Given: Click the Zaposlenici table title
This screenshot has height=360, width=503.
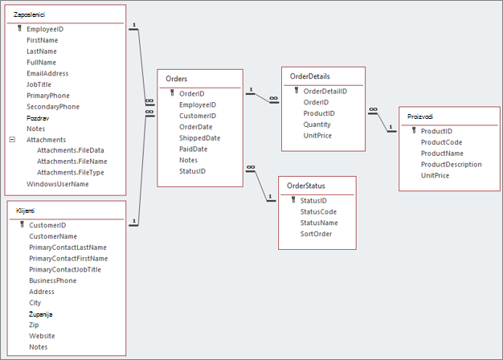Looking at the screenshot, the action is click(x=29, y=14).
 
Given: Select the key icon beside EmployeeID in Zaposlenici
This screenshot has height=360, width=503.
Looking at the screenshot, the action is click(x=19, y=29).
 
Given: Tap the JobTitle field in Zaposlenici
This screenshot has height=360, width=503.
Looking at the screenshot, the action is click(x=39, y=84).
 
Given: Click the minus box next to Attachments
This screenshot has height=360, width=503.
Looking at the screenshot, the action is click(x=12, y=139).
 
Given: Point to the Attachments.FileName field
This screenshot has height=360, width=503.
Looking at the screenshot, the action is click(x=72, y=162).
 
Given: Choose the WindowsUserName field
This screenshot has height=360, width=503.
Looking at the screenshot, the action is click(x=58, y=184).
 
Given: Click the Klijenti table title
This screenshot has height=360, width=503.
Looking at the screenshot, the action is click(x=25, y=211).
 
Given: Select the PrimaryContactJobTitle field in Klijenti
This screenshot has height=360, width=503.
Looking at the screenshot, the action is click(x=65, y=269).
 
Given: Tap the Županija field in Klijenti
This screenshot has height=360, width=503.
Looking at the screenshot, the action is click(x=41, y=314).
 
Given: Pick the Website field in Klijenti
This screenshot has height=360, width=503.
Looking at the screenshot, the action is click(x=42, y=336).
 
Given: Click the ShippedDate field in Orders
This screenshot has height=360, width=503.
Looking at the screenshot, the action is click(x=200, y=138).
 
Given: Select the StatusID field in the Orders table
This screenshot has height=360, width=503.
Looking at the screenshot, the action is click(x=193, y=171).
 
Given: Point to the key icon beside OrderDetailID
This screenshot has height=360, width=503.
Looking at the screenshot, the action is click(x=296, y=91).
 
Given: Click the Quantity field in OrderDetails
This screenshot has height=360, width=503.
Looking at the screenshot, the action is click(x=317, y=125).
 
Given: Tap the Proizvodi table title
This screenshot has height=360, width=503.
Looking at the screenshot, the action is click(x=420, y=117).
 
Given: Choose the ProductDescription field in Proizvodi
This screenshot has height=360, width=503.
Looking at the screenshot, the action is click(x=452, y=164).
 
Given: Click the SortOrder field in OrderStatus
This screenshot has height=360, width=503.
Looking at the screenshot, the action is click(x=316, y=234).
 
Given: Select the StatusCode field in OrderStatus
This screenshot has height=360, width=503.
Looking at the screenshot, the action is click(x=318, y=212).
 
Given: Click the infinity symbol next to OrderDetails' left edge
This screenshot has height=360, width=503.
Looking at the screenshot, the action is click(x=274, y=98).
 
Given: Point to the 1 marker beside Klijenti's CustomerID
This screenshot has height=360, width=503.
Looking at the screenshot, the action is click(x=134, y=221).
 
